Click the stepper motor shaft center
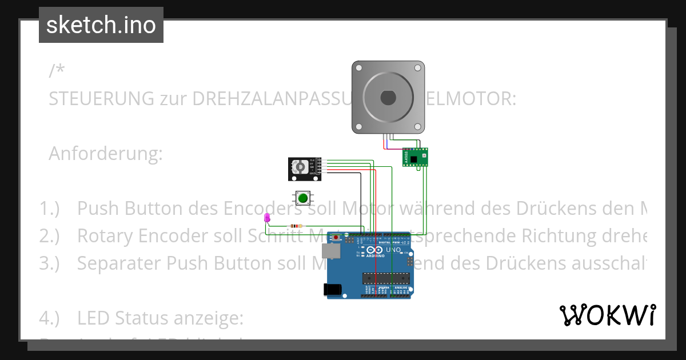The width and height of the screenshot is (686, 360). pos(388,98)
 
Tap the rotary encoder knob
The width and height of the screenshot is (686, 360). pos(299,167)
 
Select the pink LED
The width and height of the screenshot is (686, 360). pos(266,218)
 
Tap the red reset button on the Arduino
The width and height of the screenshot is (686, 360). pos(337,237)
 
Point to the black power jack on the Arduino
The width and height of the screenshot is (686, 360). pos(333,290)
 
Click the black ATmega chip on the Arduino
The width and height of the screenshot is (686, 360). pos(386,278)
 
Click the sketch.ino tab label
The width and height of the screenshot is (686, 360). pos(101,25)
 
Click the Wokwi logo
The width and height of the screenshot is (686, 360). pos(607,315)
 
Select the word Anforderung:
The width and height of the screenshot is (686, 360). pos(106,154)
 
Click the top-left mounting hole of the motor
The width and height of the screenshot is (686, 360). pos(359,68)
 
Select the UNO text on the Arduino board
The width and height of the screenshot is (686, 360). pos(394,250)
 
